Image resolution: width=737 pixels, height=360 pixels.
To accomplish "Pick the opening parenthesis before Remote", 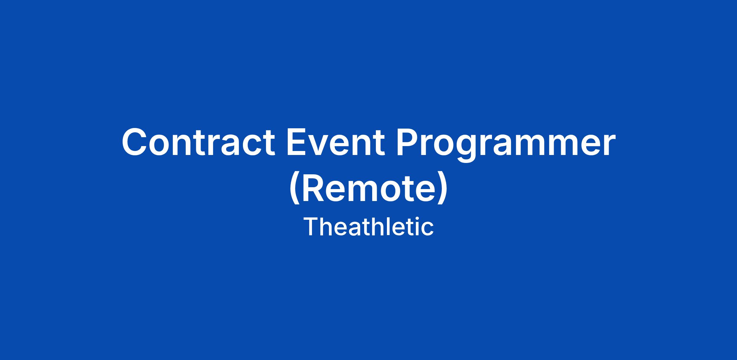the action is (x=295, y=189).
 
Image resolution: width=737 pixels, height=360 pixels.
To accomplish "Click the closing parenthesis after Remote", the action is (x=443, y=189).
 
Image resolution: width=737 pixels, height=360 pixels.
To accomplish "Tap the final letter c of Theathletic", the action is (x=427, y=229).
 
